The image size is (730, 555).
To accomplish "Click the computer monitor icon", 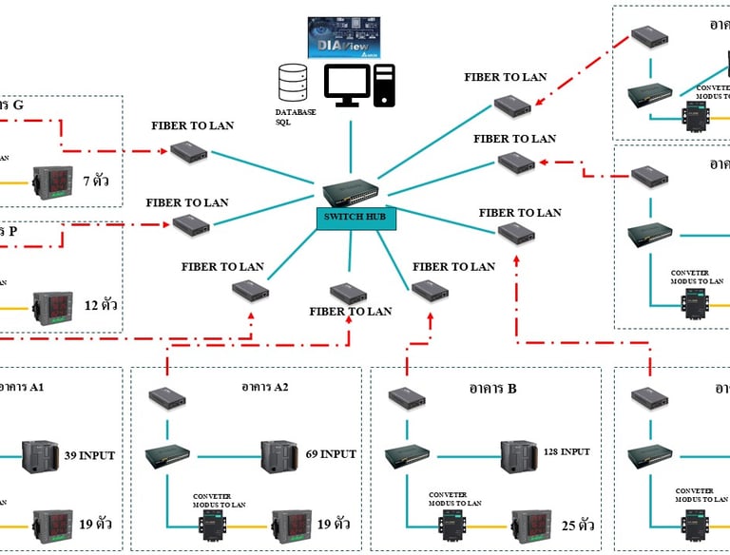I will (x=346, y=87).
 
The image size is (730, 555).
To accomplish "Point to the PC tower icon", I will (x=385, y=86).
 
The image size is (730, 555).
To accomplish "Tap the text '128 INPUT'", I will (x=567, y=451).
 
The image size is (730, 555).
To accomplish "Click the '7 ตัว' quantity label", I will (x=99, y=179).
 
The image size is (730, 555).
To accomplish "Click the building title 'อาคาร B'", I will (x=492, y=388).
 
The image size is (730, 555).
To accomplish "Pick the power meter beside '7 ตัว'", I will (x=51, y=179).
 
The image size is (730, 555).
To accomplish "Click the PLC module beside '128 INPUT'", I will (x=519, y=455).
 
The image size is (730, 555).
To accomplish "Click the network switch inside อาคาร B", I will (x=409, y=457).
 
